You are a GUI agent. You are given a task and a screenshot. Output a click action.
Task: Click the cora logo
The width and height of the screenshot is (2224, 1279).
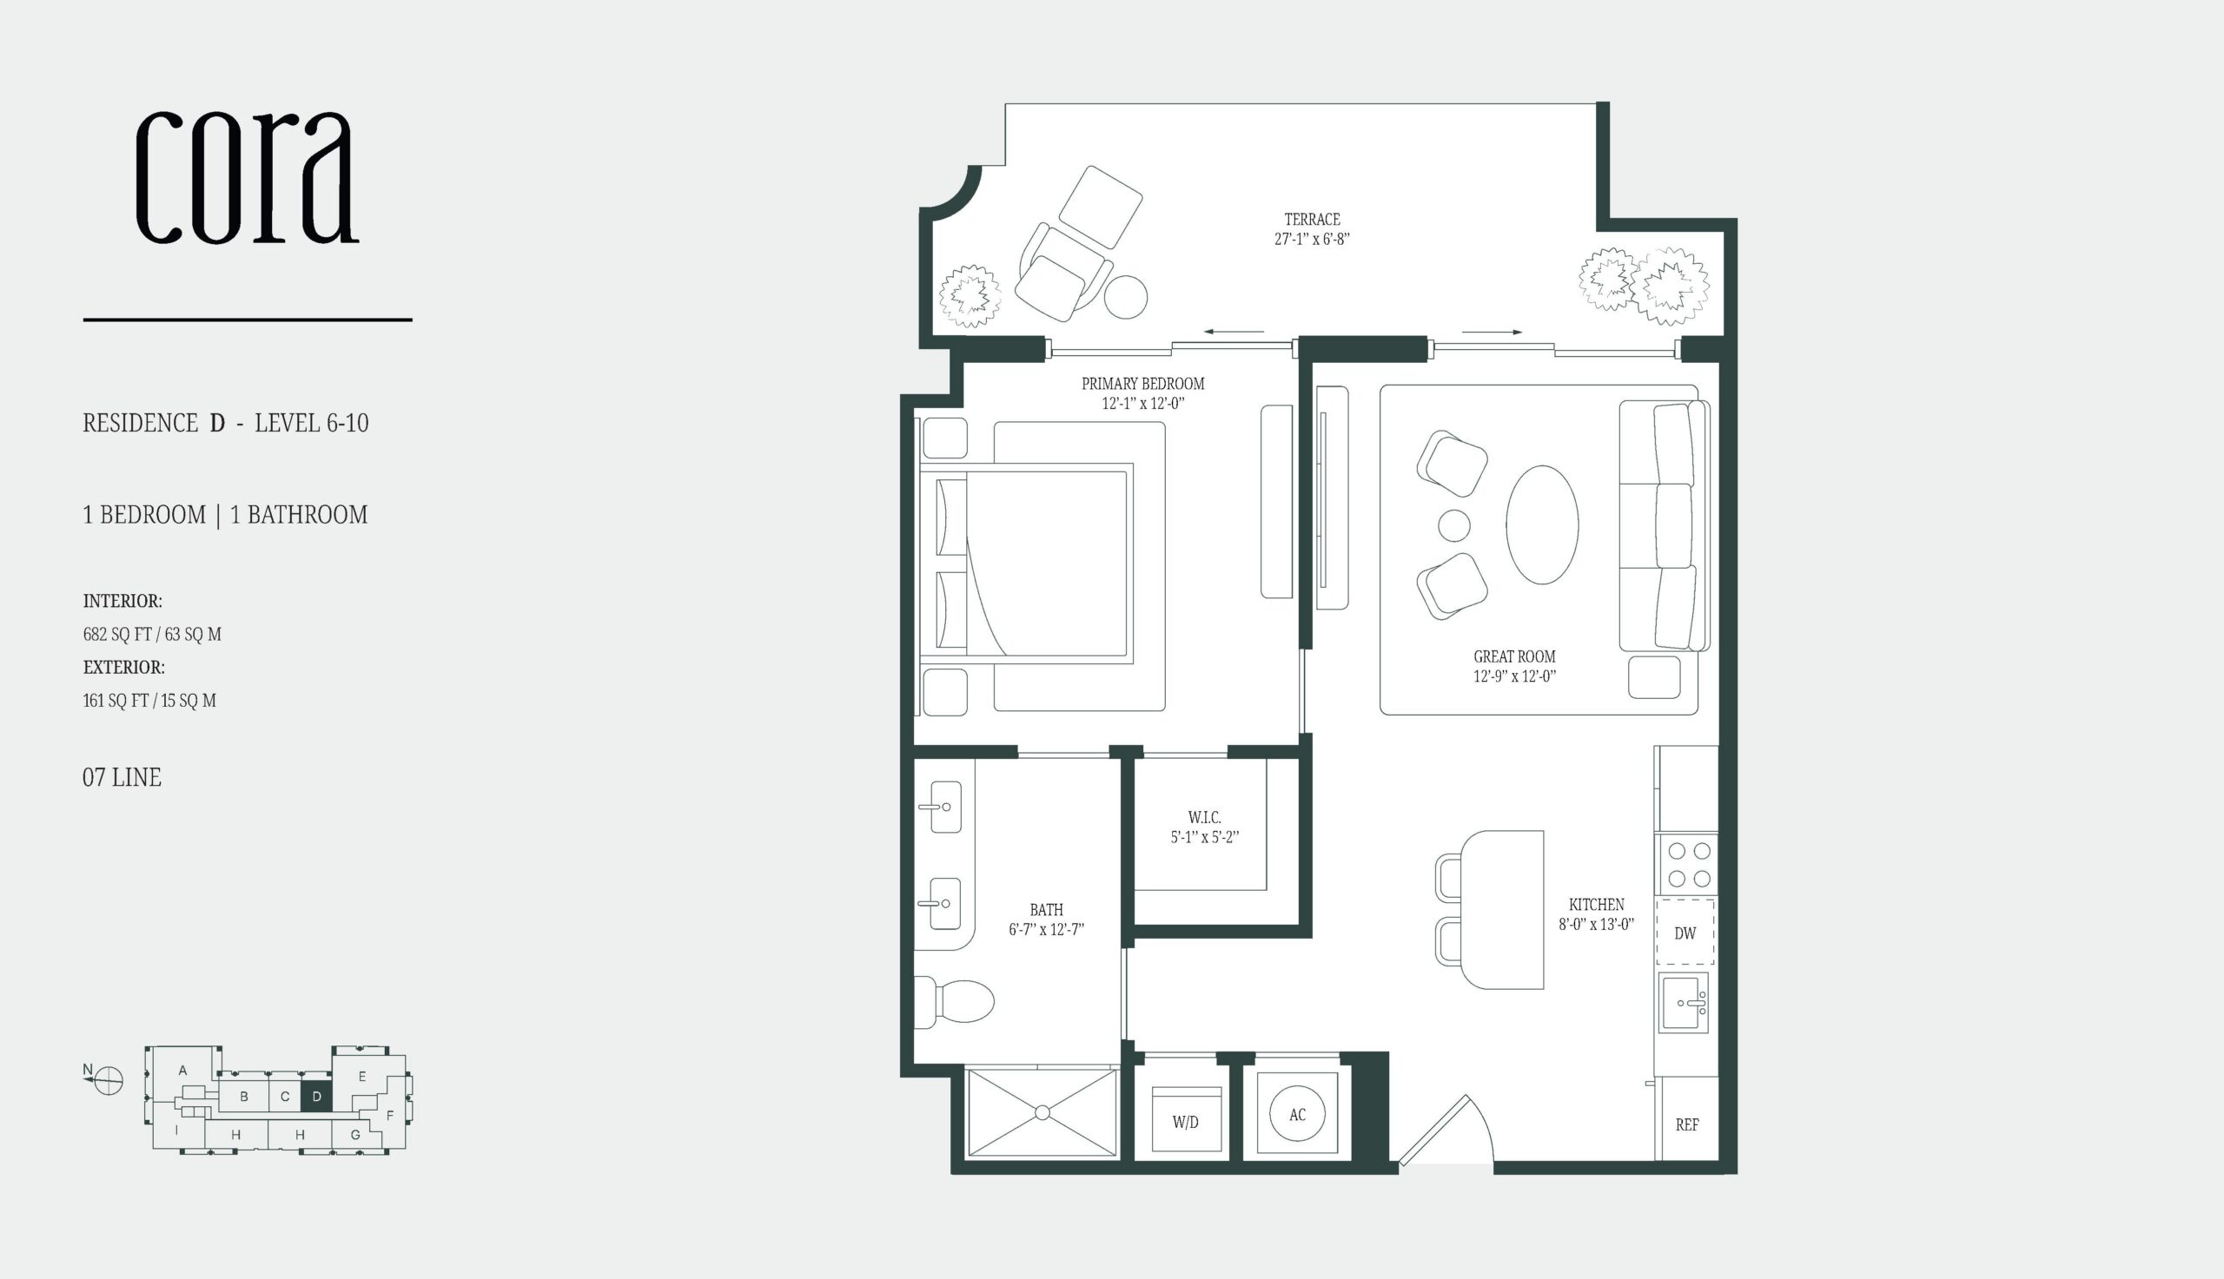pyautogui.click(x=247, y=176)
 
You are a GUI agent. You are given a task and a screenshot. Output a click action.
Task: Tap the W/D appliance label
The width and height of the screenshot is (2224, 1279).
pyautogui.click(x=1185, y=1122)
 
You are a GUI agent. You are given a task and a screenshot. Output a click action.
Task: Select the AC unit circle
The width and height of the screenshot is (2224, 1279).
pyautogui.click(x=1298, y=1114)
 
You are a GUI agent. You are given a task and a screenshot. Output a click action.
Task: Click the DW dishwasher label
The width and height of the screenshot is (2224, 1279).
pyautogui.click(x=1685, y=933)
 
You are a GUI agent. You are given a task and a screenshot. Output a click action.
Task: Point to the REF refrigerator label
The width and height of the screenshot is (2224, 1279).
pyautogui.click(x=1687, y=1124)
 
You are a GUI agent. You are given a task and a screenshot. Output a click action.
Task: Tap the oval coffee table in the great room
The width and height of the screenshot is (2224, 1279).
pyautogui.click(x=1542, y=524)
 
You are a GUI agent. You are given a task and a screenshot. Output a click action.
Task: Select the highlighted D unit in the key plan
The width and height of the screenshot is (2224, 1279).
pyautogui.click(x=316, y=1097)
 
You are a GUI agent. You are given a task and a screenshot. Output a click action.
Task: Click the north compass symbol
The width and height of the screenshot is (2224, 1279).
pyautogui.click(x=107, y=1080)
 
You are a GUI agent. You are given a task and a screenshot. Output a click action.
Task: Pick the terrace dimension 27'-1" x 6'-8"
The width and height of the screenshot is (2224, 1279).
pyautogui.click(x=1312, y=239)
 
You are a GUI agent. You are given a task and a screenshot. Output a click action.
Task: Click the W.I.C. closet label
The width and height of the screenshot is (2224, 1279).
pyautogui.click(x=1205, y=818)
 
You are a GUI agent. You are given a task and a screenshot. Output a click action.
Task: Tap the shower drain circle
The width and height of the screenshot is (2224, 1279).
pyautogui.click(x=1042, y=1113)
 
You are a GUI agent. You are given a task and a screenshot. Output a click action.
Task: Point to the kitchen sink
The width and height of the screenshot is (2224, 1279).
pyautogui.click(x=1684, y=1002)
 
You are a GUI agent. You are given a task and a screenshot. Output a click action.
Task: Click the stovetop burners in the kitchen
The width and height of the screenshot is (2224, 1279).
pyautogui.click(x=1689, y=864)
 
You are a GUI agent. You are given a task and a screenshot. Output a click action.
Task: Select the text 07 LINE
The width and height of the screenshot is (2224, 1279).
pyautogui.click(x=122, y=777)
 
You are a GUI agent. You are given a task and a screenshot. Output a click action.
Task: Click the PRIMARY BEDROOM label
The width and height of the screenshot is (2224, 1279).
pyautogui.click(x=1142, y=384)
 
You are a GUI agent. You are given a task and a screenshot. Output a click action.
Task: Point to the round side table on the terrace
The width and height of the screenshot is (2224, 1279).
pyautogui.click(x=1126, y=297)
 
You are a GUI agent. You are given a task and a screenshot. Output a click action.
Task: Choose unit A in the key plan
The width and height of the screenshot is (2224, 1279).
pyautogui.click(x=182, y=1070)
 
